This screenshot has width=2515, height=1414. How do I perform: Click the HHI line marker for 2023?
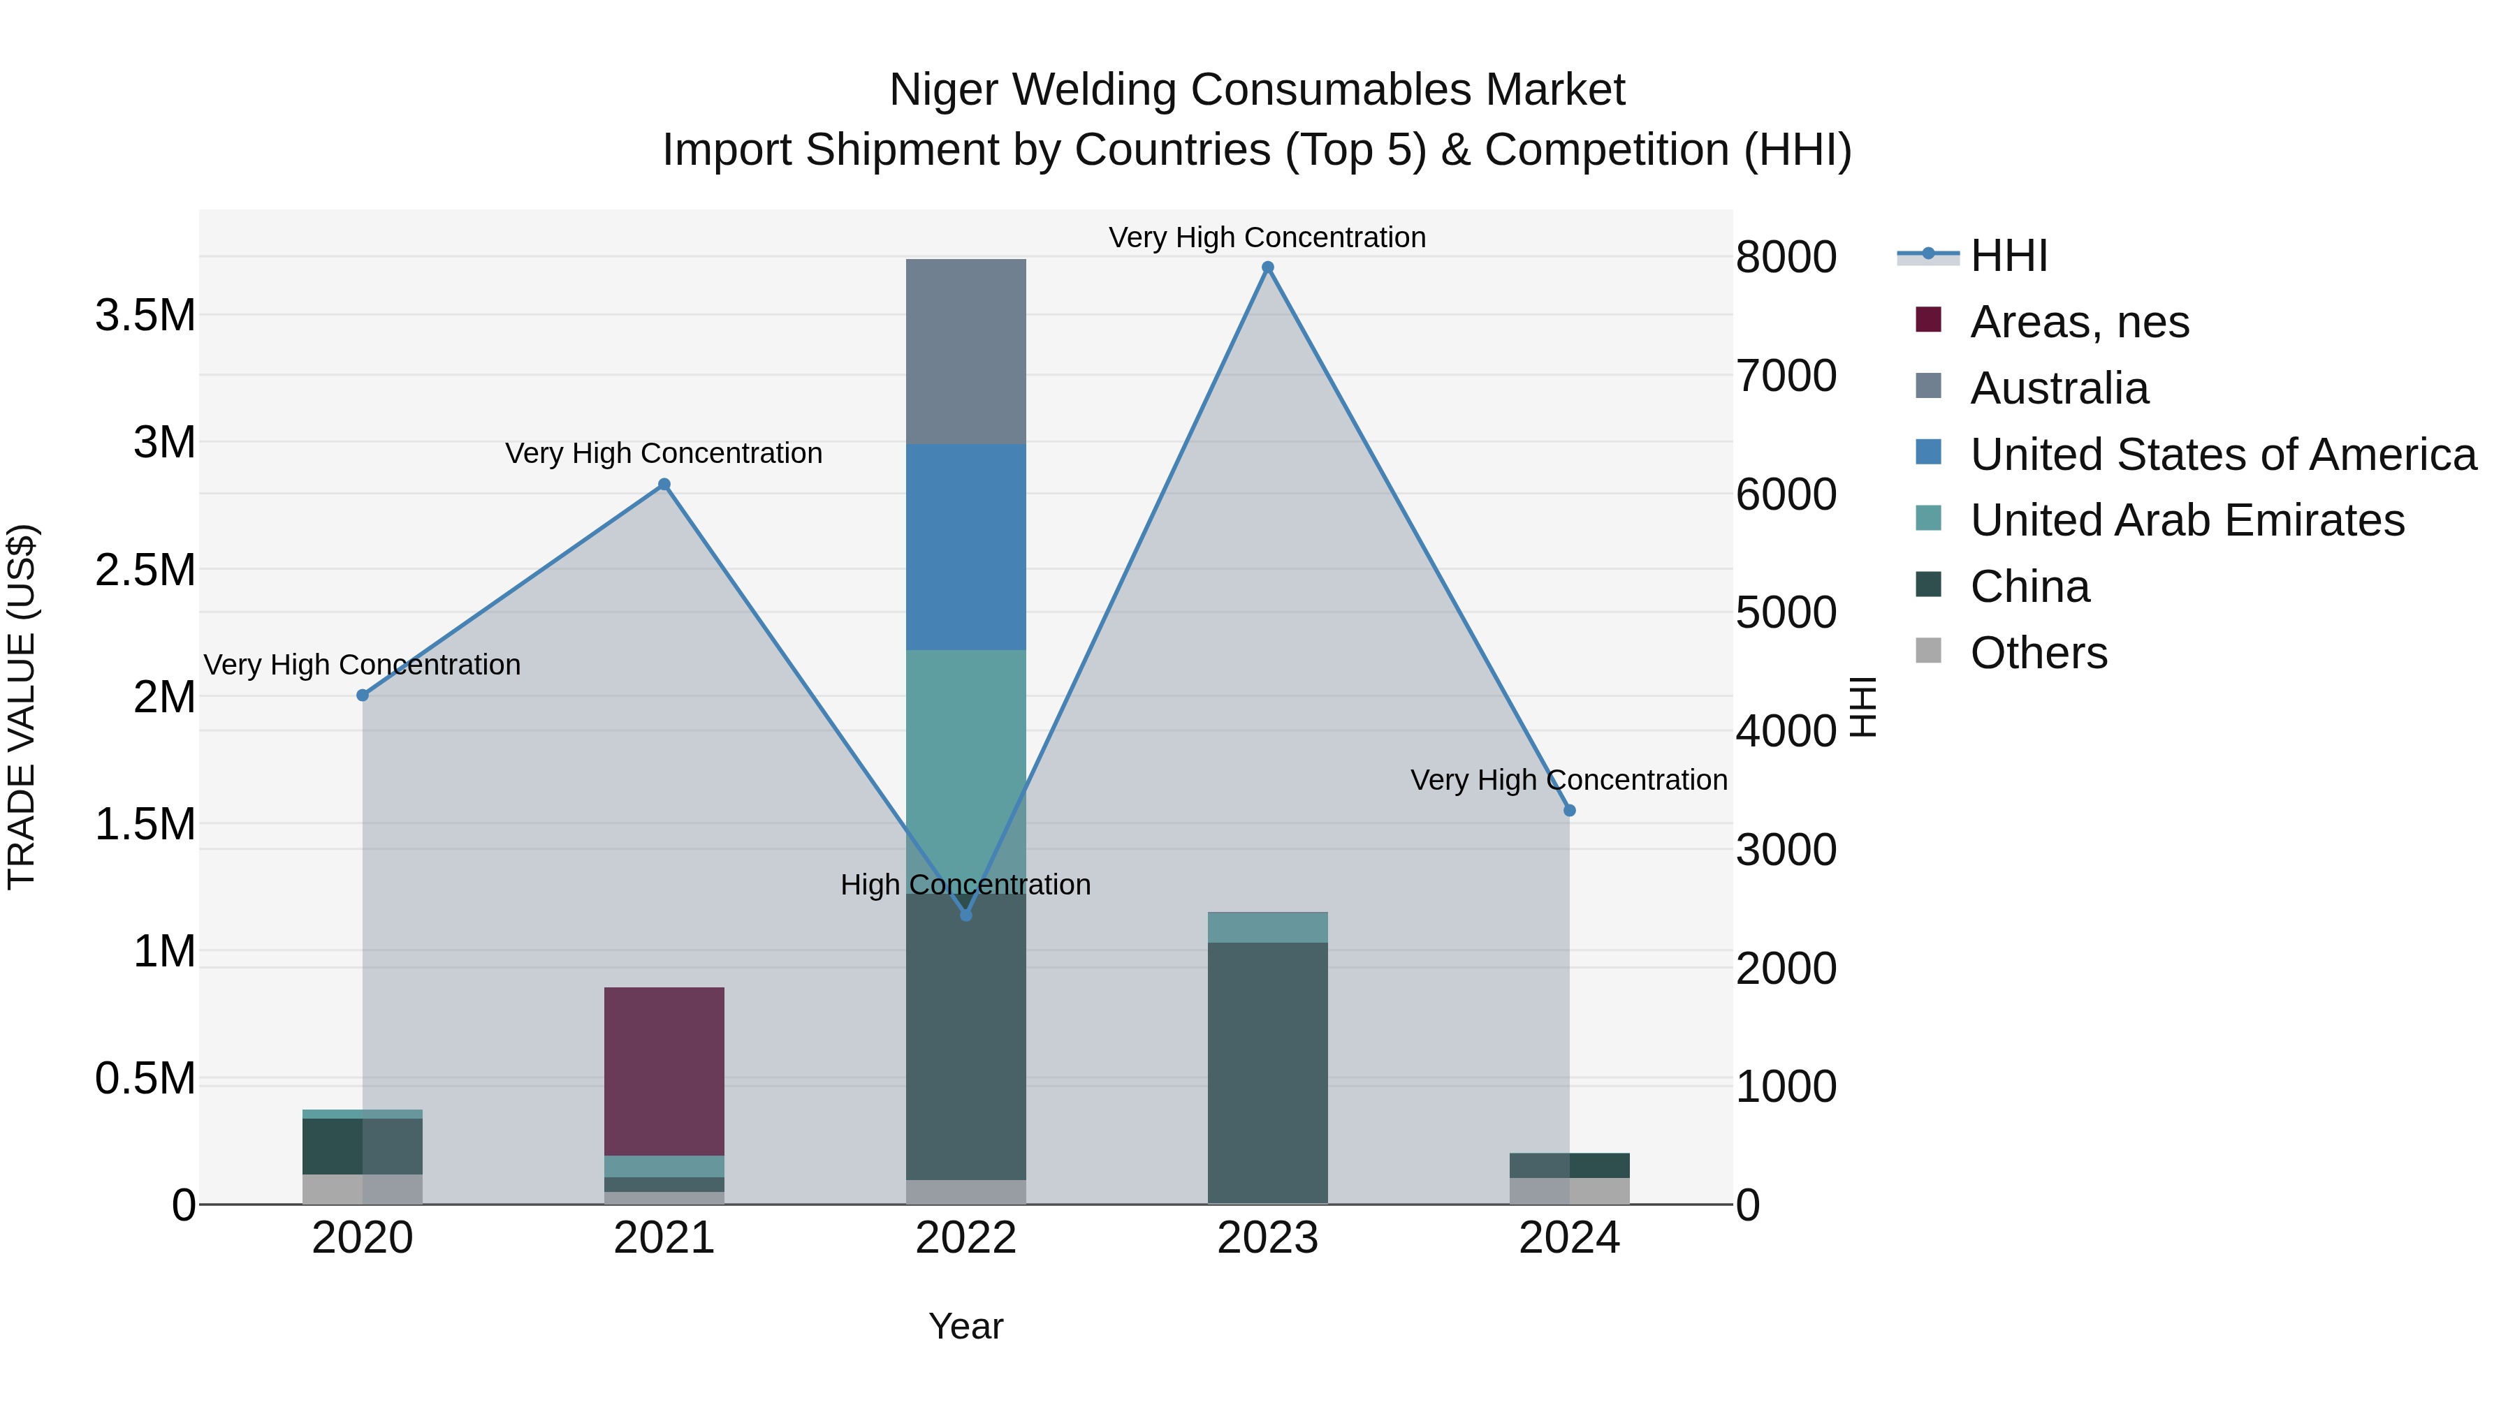point(1267,267)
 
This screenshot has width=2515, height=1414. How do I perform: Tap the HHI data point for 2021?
point(664,485)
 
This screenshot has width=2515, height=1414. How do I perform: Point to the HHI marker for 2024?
point(1569,811)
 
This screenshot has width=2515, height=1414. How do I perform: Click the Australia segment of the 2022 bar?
point(965,351)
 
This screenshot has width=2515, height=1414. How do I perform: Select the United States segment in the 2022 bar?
point(965,547)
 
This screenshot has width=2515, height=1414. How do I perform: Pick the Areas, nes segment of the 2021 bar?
point(664,1071)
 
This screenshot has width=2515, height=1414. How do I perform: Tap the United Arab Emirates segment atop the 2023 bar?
point(1267,927)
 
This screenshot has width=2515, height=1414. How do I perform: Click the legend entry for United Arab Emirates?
point(2187,520)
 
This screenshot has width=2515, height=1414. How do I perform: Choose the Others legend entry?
point(2038,653)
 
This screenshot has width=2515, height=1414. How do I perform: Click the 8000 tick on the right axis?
point(1786,258)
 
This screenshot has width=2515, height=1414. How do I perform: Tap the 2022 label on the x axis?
point(965,1238)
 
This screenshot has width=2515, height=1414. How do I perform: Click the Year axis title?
point(965,1326)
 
